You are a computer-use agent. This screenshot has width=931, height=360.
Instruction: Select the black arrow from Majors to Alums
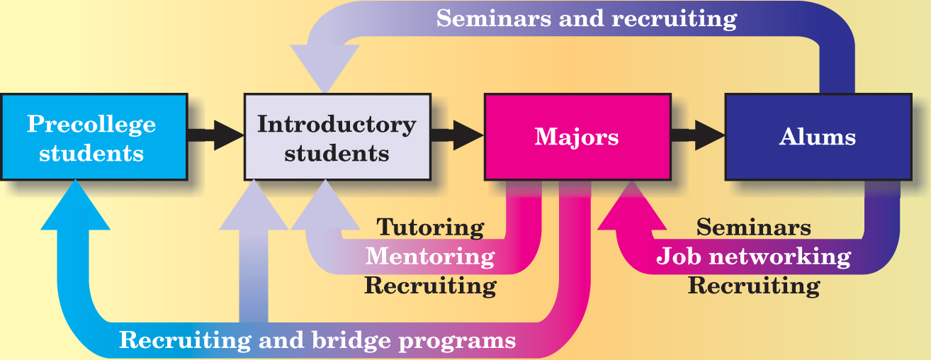pos(698,135)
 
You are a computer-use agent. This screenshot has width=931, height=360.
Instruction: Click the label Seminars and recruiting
pos(586,18)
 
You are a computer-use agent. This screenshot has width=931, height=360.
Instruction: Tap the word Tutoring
pos(430,227)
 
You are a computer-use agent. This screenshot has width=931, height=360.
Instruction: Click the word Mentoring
pos(430,256)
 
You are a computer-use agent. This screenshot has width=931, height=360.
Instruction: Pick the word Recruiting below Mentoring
pos(430,286)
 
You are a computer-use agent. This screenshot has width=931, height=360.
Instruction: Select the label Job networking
pos(753,256)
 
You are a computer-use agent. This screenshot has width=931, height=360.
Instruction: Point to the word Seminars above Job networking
pos(753,227)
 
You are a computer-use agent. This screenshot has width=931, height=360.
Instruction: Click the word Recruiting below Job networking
pos(753,286)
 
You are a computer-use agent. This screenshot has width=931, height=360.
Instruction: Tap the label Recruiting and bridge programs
pos(317,340)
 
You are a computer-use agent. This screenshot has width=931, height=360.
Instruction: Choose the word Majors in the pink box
pos(576,137)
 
